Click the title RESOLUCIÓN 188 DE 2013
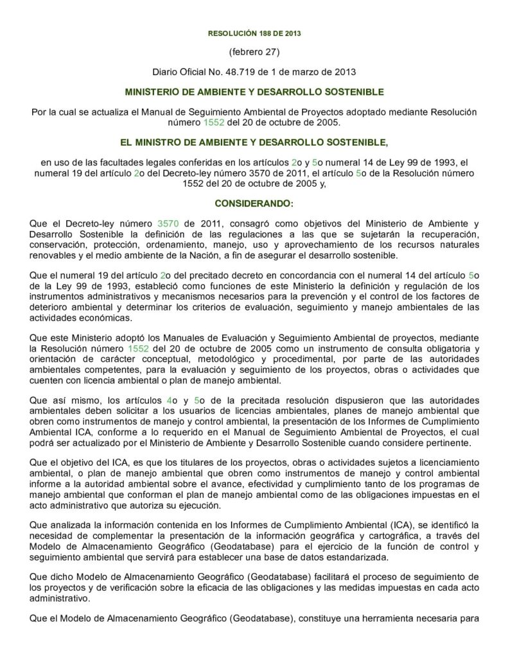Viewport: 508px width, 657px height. tap(254, 33)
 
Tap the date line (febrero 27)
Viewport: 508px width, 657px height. tap(254, 51)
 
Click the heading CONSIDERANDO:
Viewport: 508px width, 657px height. tap(254, 203)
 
